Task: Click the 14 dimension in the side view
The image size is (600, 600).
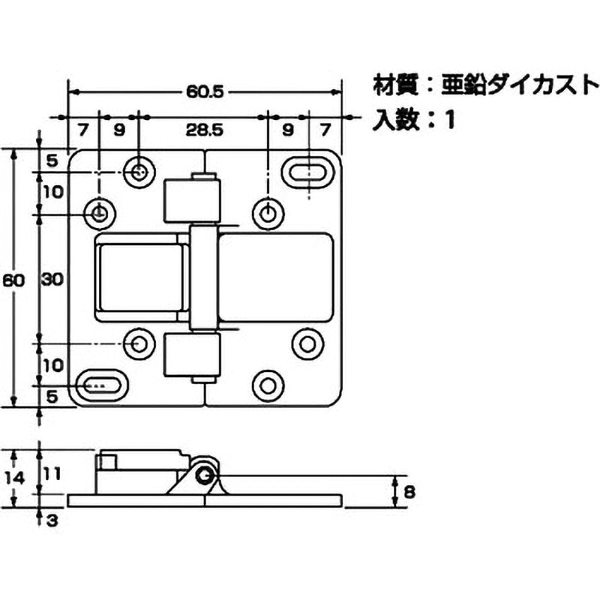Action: click(x=22, y=476)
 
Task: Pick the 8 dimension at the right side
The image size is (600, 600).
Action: click(x=409, y=492)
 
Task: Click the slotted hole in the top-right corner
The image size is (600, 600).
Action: click(x=309, y=172)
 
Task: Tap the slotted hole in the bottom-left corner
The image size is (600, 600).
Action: click(x=100, y=385)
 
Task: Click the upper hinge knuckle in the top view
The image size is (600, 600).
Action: click(x=192, y=200)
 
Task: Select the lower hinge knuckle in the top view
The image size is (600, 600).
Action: click(x=192, y=357)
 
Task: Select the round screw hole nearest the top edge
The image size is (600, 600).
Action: click(x=139, y=172)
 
